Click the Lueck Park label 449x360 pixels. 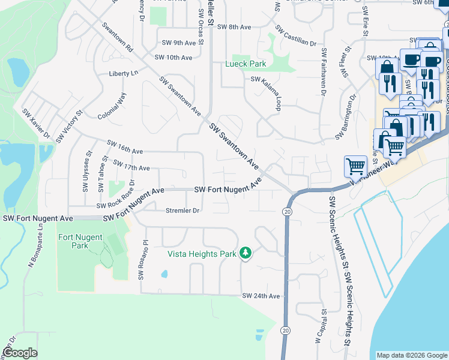245,64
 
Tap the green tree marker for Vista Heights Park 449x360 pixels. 245,254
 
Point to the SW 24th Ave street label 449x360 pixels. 261,296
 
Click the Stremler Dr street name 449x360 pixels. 182,211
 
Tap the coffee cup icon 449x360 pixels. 411,61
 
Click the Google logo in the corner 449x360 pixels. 20,353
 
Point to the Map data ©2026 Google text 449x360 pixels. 411,355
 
